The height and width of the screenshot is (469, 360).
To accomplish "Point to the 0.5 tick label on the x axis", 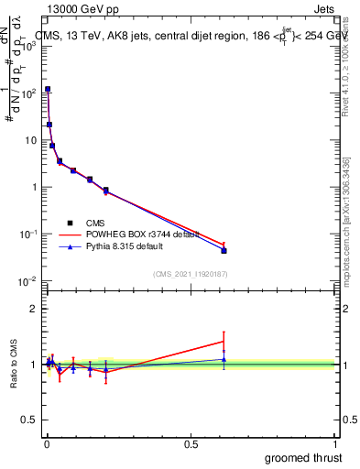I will [x=191, y=444].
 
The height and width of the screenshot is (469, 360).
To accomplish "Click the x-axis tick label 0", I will [x=46, y=444].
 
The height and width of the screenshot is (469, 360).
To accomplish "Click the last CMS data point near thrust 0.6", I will [x=224, y=250].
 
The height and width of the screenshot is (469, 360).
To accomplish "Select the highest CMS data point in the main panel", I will [x=48, y=90].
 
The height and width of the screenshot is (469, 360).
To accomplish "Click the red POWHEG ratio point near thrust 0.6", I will [x=224, y=341].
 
